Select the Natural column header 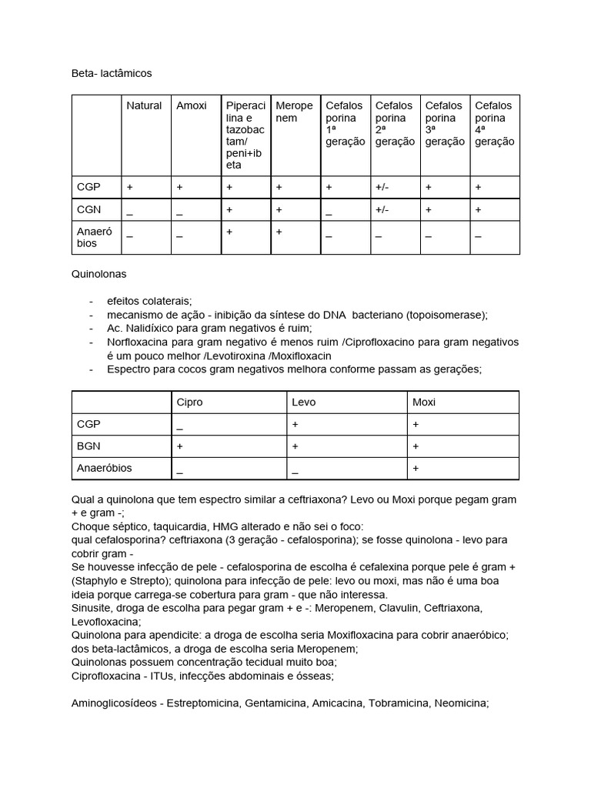144,105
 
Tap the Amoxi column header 192,105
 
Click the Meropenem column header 294,112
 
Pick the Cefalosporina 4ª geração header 495,123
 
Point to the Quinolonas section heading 98,273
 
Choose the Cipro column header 190,402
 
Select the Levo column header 303,402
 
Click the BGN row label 88,446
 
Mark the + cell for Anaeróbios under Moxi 416,468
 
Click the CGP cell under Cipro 179,425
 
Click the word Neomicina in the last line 463,703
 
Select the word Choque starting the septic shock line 91,527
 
